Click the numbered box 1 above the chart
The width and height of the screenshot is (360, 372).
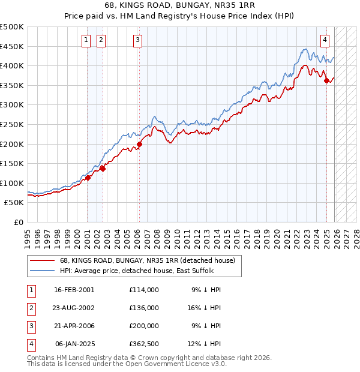click(86, 40)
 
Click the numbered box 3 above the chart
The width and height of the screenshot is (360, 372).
click(138, 40)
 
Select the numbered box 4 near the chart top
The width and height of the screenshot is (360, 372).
click(325, 40)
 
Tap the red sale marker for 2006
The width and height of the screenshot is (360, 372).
click(139, 144)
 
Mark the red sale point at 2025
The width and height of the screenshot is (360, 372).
click(326, 80)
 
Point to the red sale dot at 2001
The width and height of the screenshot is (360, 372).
click(88, 178)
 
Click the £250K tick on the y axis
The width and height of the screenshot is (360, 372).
click(12, 124)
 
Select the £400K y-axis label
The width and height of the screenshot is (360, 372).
click(12, 66)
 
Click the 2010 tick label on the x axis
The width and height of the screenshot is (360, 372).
click(176, 234)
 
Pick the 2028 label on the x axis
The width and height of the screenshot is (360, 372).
click(356, 234)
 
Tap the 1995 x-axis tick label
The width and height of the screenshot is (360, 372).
click(28, 234)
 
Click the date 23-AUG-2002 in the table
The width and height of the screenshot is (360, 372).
click(74, 308)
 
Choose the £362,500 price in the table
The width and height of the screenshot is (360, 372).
click(143, 344)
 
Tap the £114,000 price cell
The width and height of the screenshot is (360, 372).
click(143, 290)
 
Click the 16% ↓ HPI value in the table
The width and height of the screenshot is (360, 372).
click(206, 308)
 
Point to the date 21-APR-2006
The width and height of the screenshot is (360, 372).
click(74, 326)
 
